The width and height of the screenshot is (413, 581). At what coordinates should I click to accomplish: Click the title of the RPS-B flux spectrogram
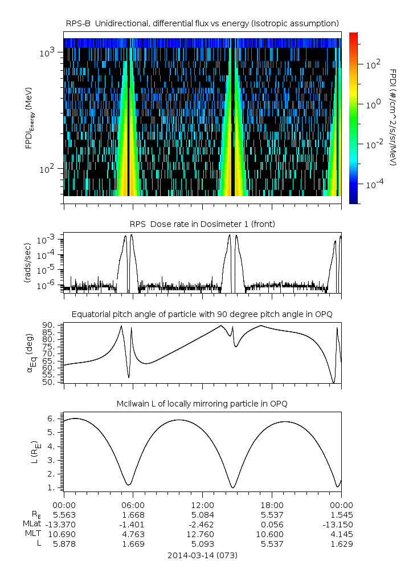tap(202, 23)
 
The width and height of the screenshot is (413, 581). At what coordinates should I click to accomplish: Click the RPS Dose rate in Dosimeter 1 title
tap(202, 224)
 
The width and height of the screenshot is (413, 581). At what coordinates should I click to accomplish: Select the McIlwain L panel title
tap(202, 404)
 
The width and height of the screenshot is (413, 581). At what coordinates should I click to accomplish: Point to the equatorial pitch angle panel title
tap(202, 314)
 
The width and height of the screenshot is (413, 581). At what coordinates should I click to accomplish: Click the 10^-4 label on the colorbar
tap(373, 184)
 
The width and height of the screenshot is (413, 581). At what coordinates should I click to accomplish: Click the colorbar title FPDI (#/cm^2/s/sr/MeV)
tap(393, 117)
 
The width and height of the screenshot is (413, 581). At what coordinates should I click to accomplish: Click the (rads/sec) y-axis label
tap(27, 263)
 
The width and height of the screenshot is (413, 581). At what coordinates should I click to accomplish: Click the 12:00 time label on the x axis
tap(202, 505)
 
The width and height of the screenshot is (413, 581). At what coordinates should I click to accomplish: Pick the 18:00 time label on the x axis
tap(272, 505)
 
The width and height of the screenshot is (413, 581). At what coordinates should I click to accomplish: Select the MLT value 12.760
tap(202, 534)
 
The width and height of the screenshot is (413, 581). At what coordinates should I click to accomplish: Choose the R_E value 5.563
tap(64, 514)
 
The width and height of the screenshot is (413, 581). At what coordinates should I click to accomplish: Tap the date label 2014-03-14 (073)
tap(202, 555)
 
